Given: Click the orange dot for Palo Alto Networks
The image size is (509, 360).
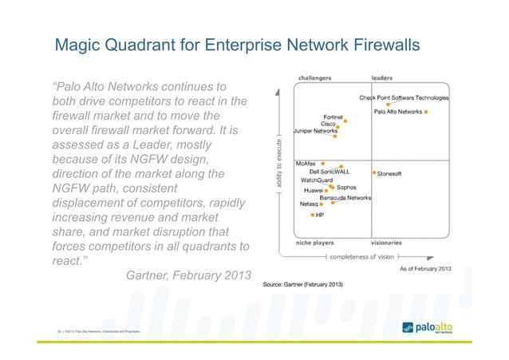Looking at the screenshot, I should pyautogui.click(x=426, y=113).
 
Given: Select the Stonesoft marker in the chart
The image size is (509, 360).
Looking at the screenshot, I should pyautogui.click(x=373, y=172).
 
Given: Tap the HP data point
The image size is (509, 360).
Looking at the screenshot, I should pyautogui.click(x=313, y=214).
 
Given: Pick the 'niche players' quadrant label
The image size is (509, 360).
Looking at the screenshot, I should pyautogui.click(x=314, y=242).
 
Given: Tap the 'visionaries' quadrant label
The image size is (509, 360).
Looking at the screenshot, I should pyautogui.click(x=386, y=242).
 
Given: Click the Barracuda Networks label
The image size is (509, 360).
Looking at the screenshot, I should pyautogui.click(x=345, y=197).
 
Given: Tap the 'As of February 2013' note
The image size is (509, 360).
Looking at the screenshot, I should pyautogui.click(x=425, y=268).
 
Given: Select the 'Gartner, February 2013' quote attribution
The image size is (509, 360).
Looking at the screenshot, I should pyautogui.click(x=188, y=276).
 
